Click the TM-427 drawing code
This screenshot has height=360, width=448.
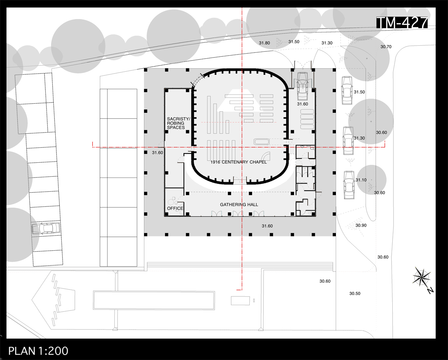coord(402,22)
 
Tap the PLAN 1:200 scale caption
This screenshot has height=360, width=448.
coord(38,351)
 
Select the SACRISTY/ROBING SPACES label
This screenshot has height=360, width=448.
coord(178,123)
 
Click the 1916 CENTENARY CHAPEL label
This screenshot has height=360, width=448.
coord(239,162)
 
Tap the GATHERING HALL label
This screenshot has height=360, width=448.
coord(239,205)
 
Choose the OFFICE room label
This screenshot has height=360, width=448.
coord(175,208)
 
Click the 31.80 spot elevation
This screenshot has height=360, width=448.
coord(264,43)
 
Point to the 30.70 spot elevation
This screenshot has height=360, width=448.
coord(386,46)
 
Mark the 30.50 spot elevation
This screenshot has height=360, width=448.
coord(355,293)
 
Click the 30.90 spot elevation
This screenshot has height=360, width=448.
coord(361,225)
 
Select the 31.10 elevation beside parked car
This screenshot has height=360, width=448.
coord(361,180)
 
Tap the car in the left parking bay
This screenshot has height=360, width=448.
coord(46,229)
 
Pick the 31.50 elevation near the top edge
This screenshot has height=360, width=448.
coord(294,42)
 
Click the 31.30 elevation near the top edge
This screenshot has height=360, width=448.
coord(327,43)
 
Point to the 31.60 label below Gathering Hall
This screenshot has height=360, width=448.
coord(267,226)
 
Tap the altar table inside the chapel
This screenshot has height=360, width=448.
coord(261,141)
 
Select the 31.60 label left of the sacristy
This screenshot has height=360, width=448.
coord(157,152)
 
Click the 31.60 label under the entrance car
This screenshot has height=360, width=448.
coord(302,104)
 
